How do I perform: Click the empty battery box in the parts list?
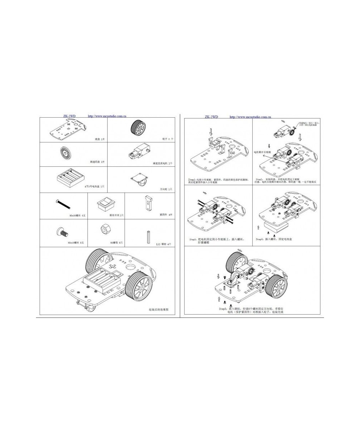pos(70,177)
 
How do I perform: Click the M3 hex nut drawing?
pos(106,229)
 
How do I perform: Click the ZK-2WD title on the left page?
pos(69,116)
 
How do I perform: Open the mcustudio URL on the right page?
pos(251,117)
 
